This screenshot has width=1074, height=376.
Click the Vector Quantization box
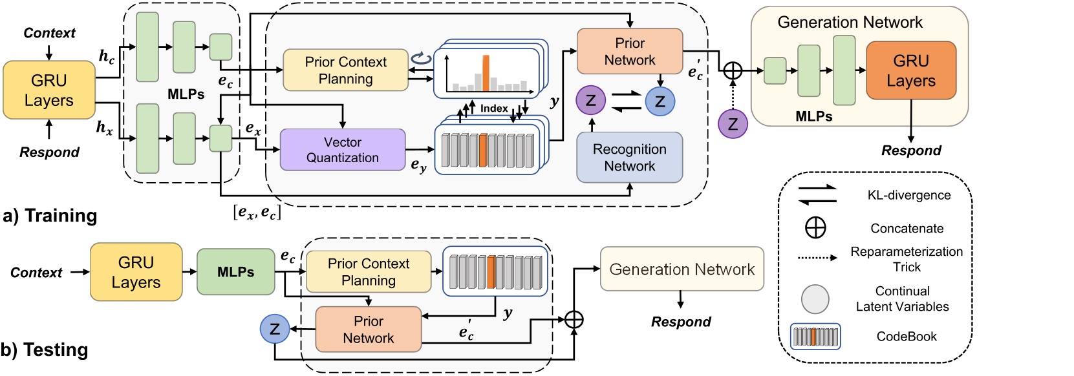click(343, 150)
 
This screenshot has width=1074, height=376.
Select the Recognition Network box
click(629, 158)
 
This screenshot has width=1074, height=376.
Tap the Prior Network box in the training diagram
click(630, 52)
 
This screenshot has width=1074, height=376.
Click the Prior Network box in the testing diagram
click(369, 329)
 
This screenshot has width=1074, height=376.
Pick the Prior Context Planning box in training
click(346, 70)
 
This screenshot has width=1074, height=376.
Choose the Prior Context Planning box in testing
click(369, 272)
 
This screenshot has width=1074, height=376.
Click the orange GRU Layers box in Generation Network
click(910, 70)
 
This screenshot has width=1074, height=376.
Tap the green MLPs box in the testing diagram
click(236, 272)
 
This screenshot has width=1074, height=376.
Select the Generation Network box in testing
click(682, 269)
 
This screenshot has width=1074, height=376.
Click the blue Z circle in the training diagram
click(660, 101)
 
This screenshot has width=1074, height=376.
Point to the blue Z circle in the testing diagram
click(275, 329)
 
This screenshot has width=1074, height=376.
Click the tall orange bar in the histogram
click(486, 73)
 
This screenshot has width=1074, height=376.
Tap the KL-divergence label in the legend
click(908, 195)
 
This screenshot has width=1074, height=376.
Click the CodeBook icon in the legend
click(815, 337)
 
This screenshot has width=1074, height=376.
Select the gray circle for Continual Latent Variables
click(815, 298)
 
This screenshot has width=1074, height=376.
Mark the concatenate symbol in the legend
click(815, 228)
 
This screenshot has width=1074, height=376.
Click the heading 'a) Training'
click(50, 215)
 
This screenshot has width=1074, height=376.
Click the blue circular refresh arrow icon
click(422, 59)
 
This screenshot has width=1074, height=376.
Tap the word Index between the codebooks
click(494, 109)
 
